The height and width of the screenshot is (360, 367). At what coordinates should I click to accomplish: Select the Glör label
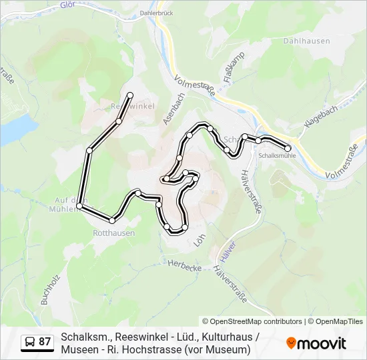[67, 5]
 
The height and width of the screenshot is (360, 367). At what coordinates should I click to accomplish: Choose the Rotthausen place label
[114, 233]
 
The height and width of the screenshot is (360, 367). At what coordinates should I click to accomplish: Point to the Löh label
[198, 239]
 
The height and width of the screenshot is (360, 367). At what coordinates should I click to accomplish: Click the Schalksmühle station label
[277, 155]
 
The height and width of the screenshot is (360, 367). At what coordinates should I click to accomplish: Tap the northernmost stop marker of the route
[130, 95]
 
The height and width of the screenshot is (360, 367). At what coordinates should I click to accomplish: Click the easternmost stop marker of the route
[288, 148]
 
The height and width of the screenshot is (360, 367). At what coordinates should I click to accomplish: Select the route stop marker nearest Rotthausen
[113, 220]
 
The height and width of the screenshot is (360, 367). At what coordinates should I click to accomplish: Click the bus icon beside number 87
[30, 342]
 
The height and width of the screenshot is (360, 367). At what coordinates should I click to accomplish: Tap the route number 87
[45, 342]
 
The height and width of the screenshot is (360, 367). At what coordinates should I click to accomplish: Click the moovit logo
[316, 343]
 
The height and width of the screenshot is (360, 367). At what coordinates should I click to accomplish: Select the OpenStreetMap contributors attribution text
[252, 321]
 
